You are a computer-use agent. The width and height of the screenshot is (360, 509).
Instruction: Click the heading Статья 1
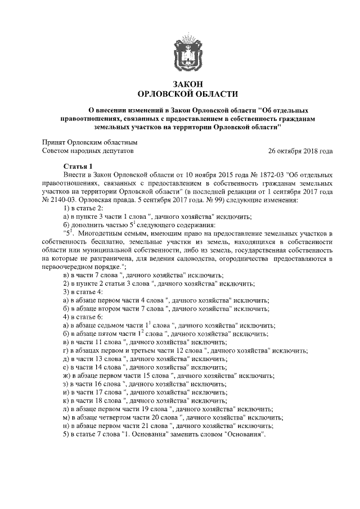(x=78, y=168)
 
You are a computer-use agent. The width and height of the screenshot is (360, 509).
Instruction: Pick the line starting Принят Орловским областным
(x=90, y=143)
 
